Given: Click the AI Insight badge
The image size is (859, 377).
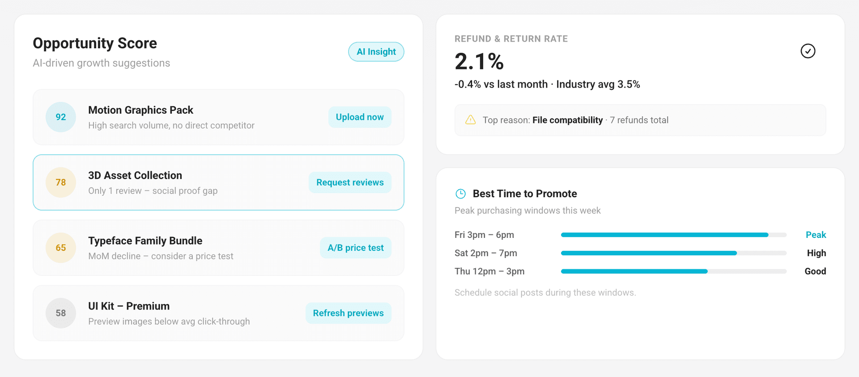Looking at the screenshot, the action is click(376, 52).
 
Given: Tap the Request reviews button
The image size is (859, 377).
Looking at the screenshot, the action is click(350, 182).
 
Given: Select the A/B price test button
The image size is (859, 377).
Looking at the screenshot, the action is click(356, 248).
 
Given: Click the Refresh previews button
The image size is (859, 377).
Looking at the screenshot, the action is click(349, 313).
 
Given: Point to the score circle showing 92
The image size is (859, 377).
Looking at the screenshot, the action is click(61, 117).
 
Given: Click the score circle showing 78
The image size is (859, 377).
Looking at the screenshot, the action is click(61, 182).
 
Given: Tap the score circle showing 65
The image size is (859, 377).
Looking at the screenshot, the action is click(61, 248).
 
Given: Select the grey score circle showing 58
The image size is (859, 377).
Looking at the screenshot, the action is click(61, 313).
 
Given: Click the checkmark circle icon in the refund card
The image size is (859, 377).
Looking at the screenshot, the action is click(808, 51).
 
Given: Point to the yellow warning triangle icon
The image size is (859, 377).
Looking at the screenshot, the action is click(471, 120).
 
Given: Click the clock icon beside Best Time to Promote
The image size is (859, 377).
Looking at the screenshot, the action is click(460, 194).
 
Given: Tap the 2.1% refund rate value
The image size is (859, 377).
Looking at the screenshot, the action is click(479, 61).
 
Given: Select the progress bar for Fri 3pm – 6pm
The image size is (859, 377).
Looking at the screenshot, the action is click(674, 235).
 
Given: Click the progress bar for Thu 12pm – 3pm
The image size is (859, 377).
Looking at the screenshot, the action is click(674, 271).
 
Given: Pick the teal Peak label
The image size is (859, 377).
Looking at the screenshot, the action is click(816, 235).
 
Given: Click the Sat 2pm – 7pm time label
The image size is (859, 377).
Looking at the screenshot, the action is click(486, 253).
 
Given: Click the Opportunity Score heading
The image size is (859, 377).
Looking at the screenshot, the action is click(95, 43).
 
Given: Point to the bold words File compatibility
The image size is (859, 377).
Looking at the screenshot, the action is click(568, 120).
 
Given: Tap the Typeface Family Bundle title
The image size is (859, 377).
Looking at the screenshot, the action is click(145, 241).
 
